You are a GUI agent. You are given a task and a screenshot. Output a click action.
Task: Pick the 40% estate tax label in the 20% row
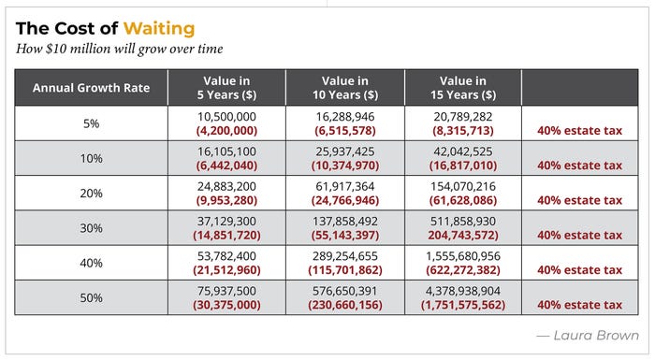coord(580,200)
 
